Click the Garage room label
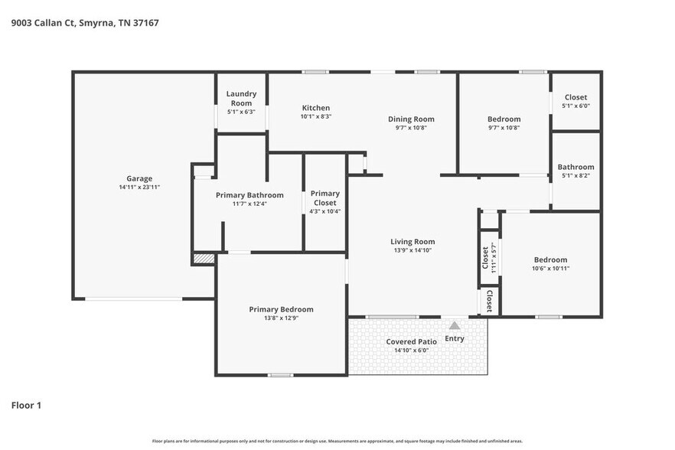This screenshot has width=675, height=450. pos(139,178)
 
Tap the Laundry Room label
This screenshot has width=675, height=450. pos(241,98)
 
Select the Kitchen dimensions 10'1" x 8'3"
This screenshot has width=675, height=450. pos(316,116)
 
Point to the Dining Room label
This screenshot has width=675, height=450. pos(411,119)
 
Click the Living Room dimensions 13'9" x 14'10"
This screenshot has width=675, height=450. pos(412,250)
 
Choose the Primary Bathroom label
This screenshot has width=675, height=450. pos(249,195)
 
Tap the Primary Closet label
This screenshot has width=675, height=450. pos(325,198)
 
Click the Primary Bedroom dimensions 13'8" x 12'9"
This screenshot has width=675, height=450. pos(281,318)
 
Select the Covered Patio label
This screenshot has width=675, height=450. pos(411,341)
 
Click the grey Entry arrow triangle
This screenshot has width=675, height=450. pos(455,325)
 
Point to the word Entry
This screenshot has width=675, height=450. pos(455,338)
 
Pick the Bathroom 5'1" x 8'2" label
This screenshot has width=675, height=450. pos(576,171)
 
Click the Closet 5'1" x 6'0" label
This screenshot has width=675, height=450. pos(576,101)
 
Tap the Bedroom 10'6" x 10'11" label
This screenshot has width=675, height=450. pos(550,263)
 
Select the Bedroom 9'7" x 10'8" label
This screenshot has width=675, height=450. pos(504,122)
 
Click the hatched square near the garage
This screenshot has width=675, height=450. pos(204,259)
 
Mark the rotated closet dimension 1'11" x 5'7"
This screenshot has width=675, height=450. pos(494,259)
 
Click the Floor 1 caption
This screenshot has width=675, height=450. pos(26,405)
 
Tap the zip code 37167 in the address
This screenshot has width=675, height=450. pos(146,23)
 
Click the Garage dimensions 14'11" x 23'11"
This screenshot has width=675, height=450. pos(139,187)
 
